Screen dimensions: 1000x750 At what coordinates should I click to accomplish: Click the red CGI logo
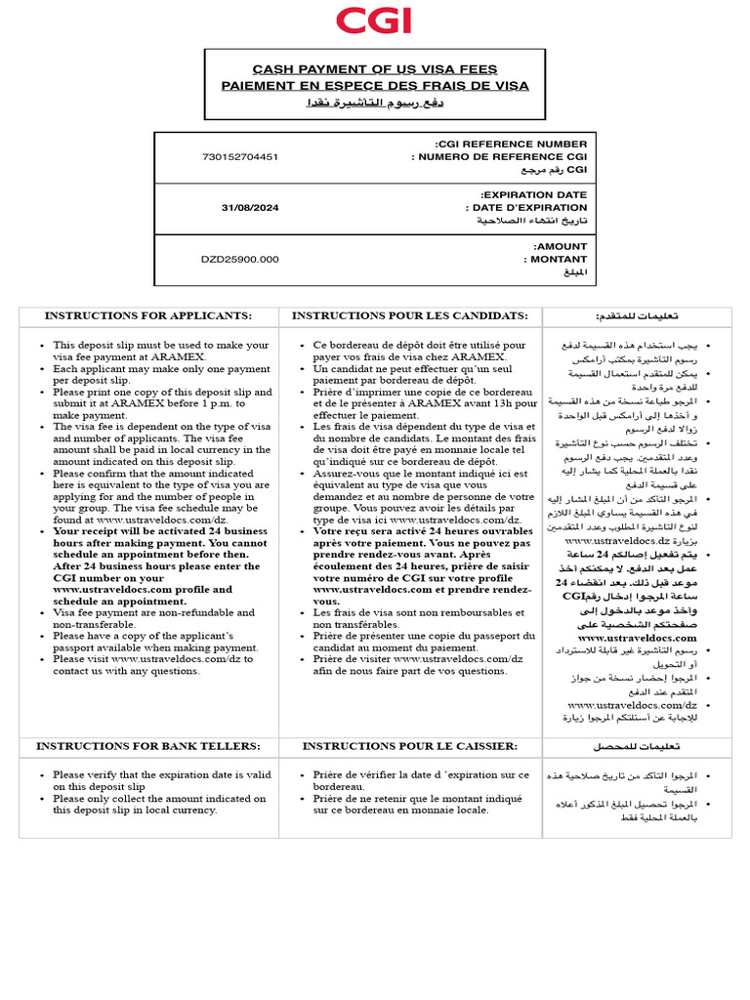[x=374, y=21]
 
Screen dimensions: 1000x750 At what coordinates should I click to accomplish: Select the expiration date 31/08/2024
[x=250, y=207]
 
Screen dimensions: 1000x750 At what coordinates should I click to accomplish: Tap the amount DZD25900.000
[x=239, y=259]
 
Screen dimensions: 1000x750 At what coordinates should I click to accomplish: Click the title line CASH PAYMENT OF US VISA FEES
[x=375, y=69]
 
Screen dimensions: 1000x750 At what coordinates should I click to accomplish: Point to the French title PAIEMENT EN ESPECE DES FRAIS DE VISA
[x=375, y=86]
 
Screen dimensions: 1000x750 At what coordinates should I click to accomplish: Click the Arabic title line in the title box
[x=375, y=103]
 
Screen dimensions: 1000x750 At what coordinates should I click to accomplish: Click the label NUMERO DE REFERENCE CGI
[x=500, y=156]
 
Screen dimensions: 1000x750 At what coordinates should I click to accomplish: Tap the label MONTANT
[x=558, y=259]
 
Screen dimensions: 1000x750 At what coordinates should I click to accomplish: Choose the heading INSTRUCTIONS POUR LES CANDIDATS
[x=409, y=315]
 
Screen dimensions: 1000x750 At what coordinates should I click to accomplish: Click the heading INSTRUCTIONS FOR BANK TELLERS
[x=147, y=746]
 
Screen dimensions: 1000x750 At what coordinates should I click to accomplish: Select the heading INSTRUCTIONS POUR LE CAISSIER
[x=409, y=746]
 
